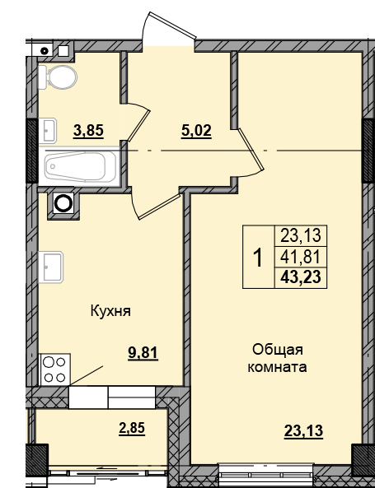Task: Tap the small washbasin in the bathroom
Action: click(x=47, y=128)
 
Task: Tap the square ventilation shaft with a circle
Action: click(x=63, y=203)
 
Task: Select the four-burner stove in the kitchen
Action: click(x=54, y=367)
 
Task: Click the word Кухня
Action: click(x=111, y=312)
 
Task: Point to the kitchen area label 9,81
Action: click(x=142, y=354)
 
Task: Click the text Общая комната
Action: click(x=277, y=360)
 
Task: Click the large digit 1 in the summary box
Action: click(x=257, y=258)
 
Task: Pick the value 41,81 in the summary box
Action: click(x=299, y=257)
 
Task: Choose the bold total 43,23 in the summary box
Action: click(x=299, y=277)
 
